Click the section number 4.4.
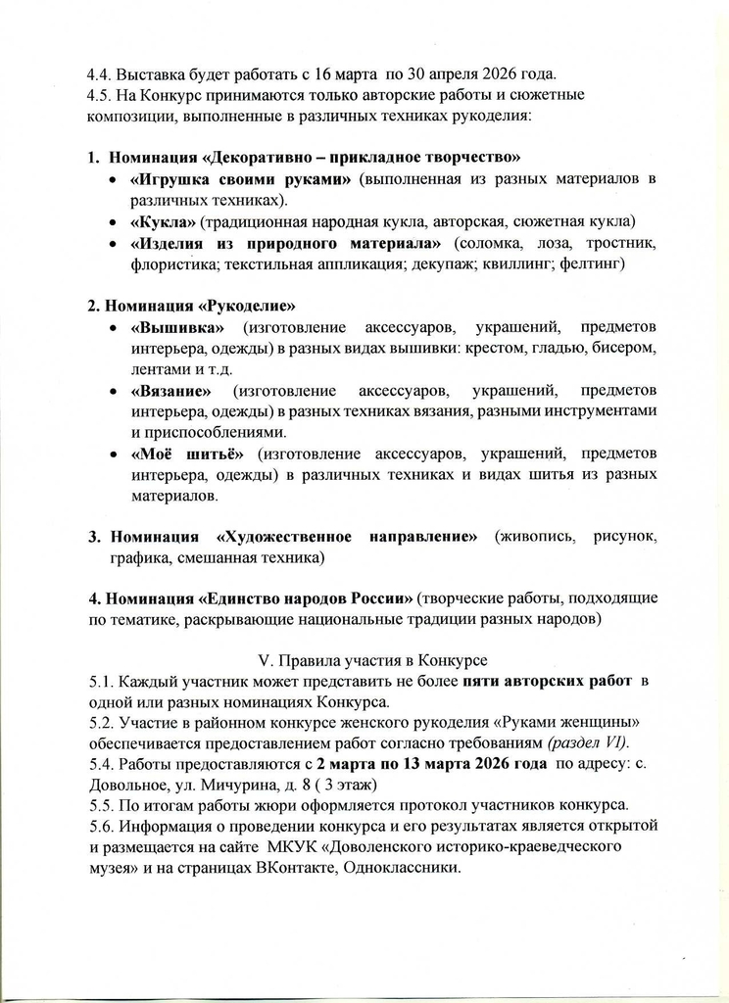tap(101, 73)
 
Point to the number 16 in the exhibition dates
tap(296, 73)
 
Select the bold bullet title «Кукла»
tap(162, 219)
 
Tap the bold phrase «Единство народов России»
tap(307, 599)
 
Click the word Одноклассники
tap(403, 869)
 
